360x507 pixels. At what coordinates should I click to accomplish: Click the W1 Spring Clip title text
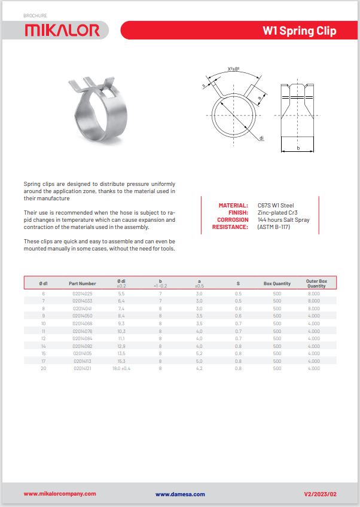click(x=299, y=30)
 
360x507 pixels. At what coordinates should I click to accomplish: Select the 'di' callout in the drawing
click(x=262, y=138)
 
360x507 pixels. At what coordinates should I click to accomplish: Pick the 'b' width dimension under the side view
click(x=297, y=148)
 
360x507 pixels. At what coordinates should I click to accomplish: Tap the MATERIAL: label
click(x=233, y=206)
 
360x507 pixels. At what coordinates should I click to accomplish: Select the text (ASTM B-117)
click(x=274, y=227)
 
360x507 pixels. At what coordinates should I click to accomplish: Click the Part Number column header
click(x=82, y=283)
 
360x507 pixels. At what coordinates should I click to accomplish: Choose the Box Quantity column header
click(x=277, y=283)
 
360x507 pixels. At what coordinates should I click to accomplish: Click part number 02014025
click(x=82, y=294)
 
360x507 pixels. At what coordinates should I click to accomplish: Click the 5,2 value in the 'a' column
click(x=199, y=353)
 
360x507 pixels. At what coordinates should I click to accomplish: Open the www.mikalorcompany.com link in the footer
click(x=60, y=494)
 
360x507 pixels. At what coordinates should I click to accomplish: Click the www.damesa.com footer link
click(x=180, y=494)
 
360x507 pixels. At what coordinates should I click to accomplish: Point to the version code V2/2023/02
click(x=321, y=494)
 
